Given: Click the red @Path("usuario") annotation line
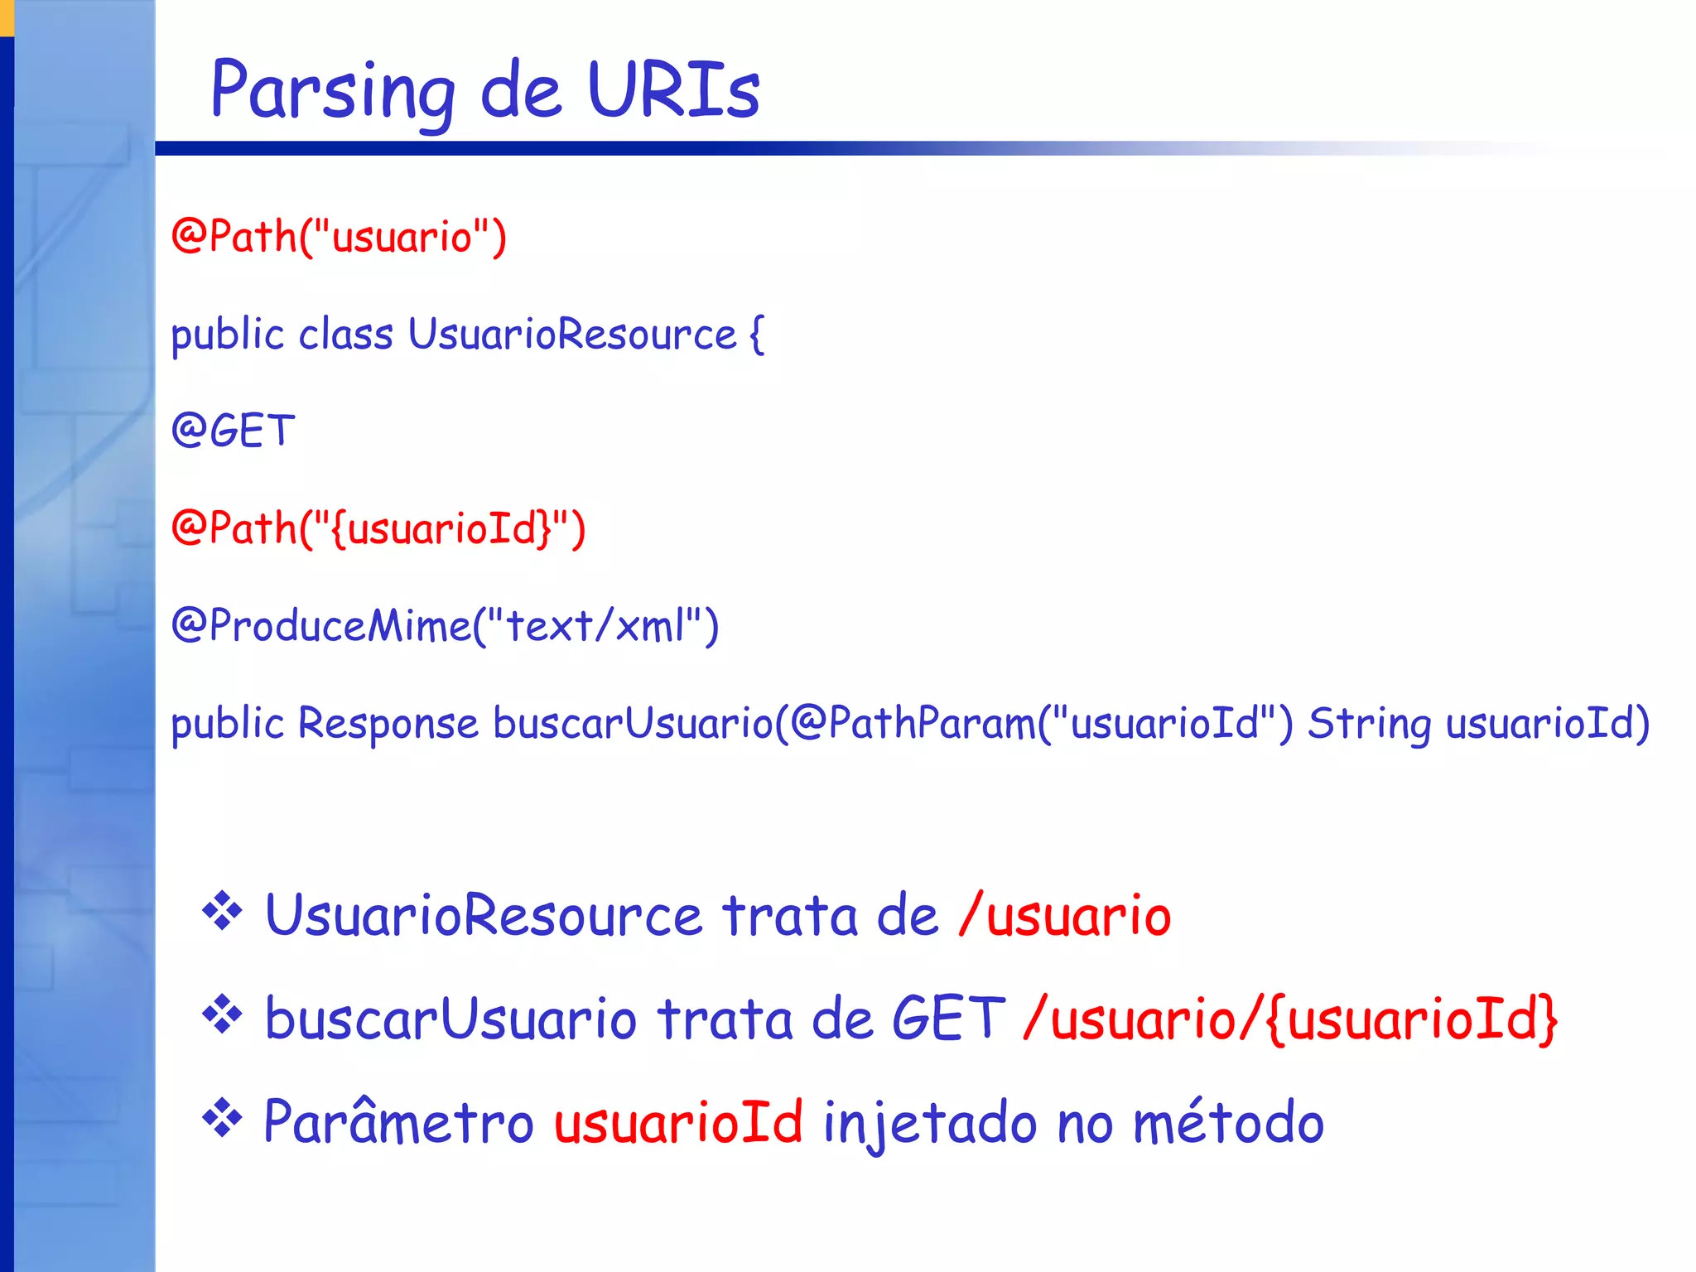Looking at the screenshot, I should click(339, 237).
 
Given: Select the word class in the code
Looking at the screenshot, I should click(345, 335).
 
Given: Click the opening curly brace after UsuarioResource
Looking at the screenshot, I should click(755, 335).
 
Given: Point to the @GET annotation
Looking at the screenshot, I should click(234, 431).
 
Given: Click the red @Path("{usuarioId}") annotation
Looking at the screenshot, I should click(378, 529).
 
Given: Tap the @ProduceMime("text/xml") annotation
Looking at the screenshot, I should click(446, 626).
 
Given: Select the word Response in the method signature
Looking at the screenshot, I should click(388, 723).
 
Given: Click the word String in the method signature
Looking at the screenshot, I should click(1369, 724).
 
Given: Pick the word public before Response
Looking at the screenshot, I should click(228, 724).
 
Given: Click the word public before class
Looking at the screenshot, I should click(228, 335).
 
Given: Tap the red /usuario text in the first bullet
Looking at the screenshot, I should click(1065, 917).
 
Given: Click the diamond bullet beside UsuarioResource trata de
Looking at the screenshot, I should click(222, 913).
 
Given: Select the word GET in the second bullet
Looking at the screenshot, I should click(948, 1019).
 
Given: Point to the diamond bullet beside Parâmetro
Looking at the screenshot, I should click(222, 1119).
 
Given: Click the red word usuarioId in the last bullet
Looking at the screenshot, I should click(678, 1123).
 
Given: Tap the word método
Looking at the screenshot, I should click(1228, 1123).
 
